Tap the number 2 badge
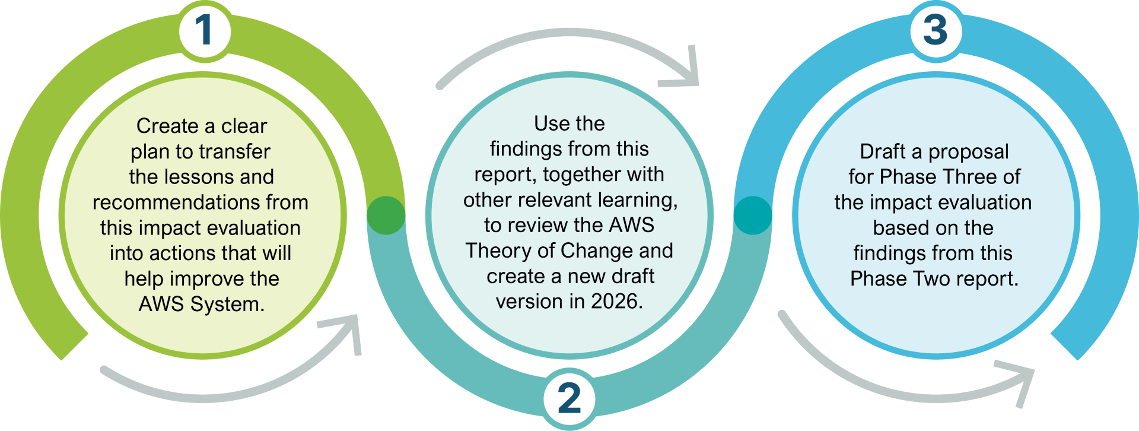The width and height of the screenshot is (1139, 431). point(569,398)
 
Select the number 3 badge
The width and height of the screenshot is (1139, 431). point(936,30)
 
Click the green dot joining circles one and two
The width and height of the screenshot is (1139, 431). point(386,215)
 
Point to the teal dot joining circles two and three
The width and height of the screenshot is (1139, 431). point(753,215)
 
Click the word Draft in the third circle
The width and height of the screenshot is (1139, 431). point(883,151)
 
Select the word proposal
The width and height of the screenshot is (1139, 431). point(968,152)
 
